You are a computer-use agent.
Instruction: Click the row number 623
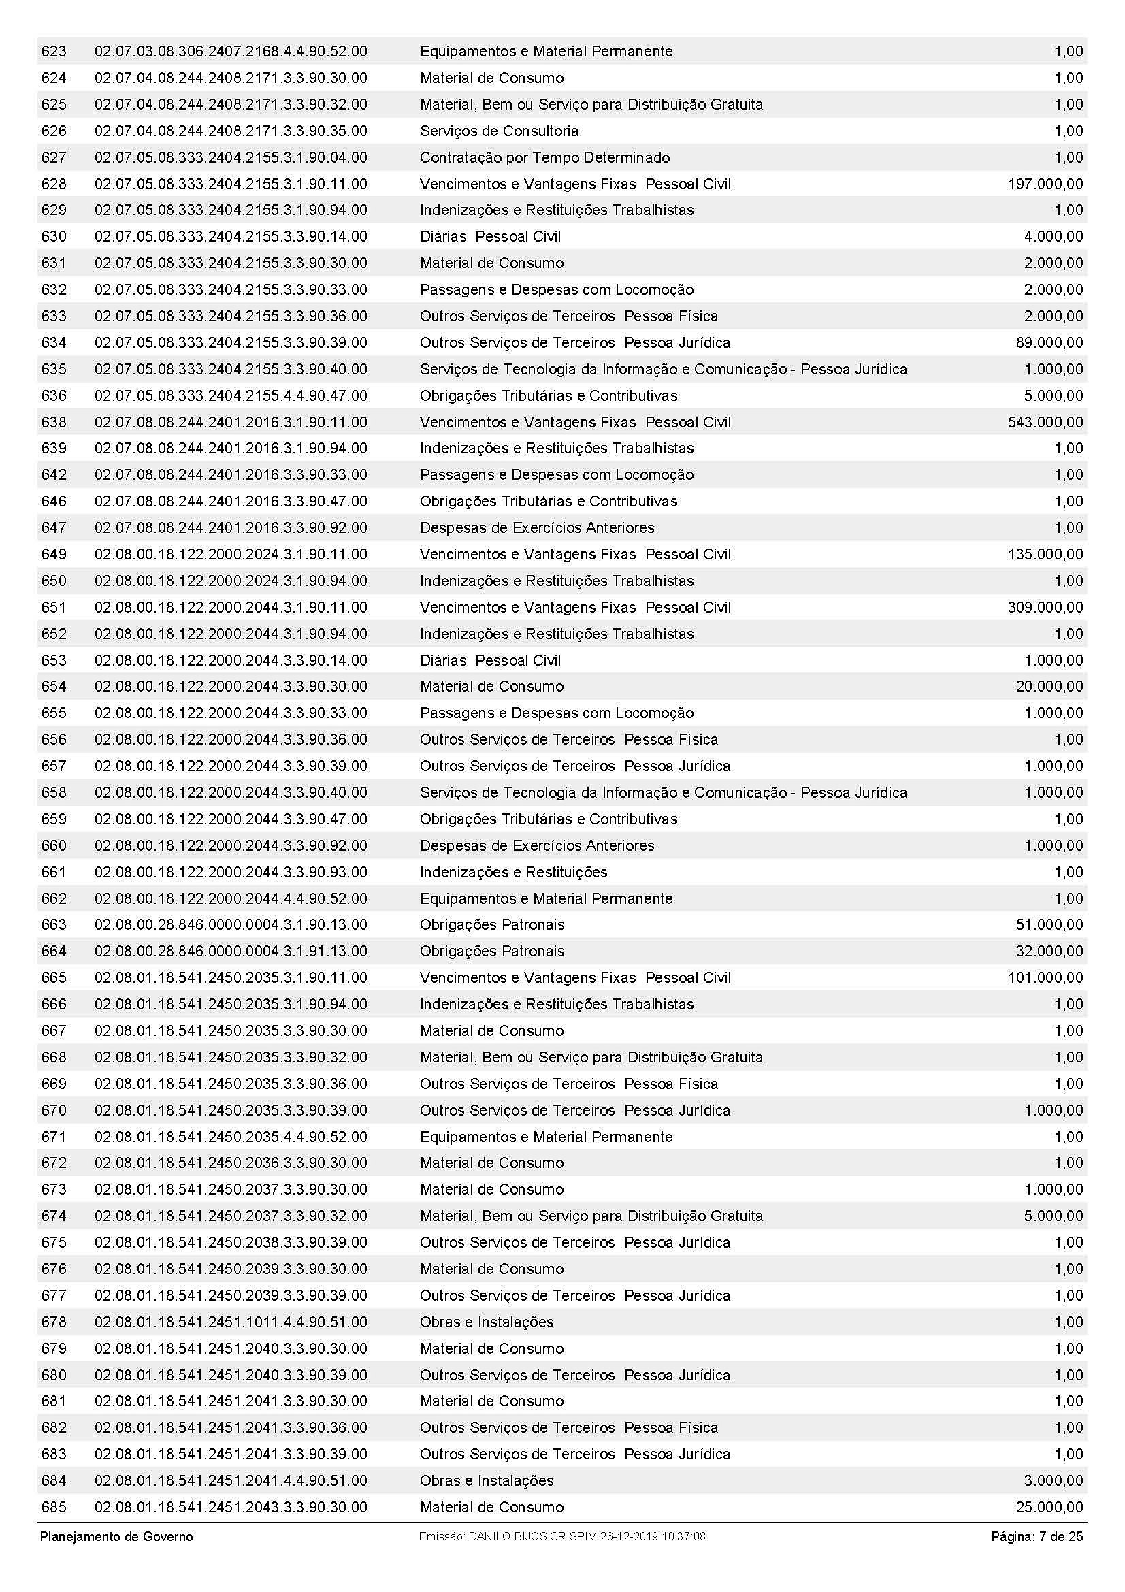(54, 51)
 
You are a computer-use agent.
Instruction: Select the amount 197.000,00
(1045, 184)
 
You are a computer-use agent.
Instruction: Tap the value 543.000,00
(1045, 422)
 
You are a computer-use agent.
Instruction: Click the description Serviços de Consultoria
(499, 131)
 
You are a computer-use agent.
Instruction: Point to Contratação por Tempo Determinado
(545, 157)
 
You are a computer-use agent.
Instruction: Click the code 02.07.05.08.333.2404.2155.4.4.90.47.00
(231, 396)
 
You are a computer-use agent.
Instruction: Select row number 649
(54, 555)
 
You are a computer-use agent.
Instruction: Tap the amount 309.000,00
(1045, 607)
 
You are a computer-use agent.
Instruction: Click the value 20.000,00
(1049, 687)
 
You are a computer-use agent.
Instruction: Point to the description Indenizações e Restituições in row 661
(514, 873)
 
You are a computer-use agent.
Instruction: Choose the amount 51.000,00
(1049, 924)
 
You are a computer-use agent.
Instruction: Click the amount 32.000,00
(1049, 952)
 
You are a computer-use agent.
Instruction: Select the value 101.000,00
(1045, 977)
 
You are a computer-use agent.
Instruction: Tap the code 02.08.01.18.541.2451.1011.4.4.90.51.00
(231, 1322)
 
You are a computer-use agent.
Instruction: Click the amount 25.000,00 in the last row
(1049, 1508)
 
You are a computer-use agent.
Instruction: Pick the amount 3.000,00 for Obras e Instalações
(1053, 1481)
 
